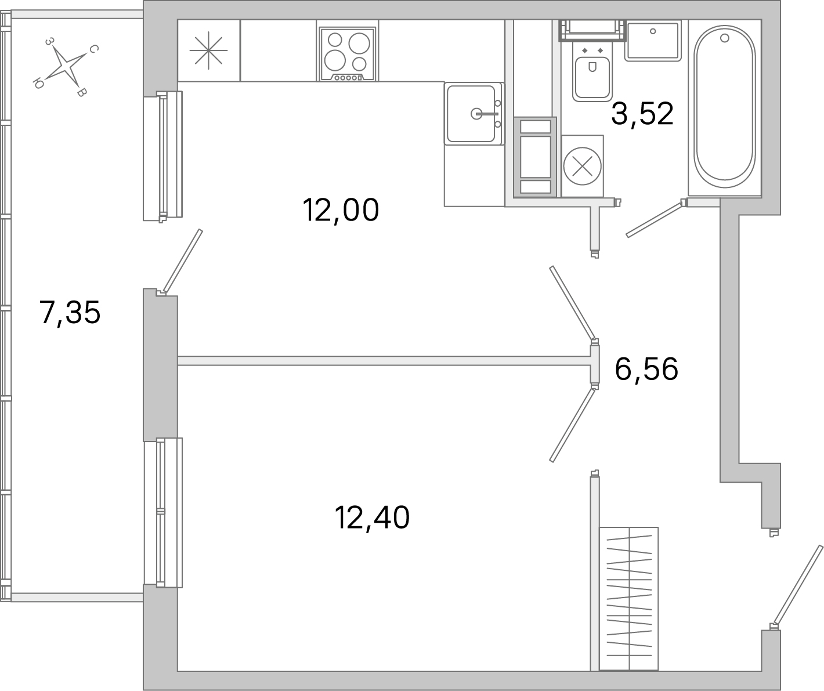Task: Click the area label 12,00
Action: coord(341,210)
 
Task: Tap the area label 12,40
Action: coord(372,518)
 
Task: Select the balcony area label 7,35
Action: coord(70,313)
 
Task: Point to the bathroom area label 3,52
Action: coord(642,114)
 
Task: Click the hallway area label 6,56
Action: coord(646,369)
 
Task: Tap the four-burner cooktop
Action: coord(348,50)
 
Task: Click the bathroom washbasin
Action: coord(653,40)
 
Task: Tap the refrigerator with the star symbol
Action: coord(209,50)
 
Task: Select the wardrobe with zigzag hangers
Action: coord(629,598)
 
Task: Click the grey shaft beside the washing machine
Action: coord(535,157)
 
